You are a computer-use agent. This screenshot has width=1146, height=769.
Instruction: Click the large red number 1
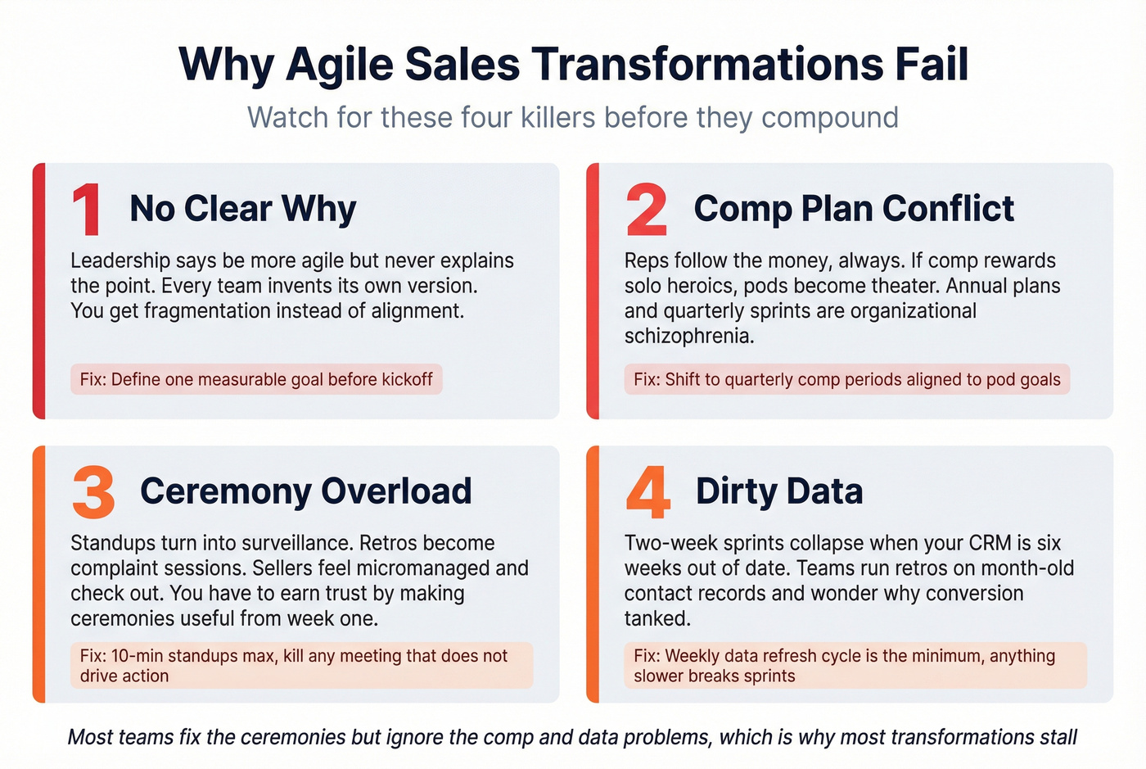87,210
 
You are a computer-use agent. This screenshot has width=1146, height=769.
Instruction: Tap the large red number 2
646,210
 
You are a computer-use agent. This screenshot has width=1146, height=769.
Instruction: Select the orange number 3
93,493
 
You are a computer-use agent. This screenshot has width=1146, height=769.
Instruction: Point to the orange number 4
648,493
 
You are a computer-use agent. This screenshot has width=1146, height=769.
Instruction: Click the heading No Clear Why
243,209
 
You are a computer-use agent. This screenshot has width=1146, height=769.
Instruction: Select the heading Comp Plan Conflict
854,209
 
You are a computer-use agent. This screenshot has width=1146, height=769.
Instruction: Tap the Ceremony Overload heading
306,491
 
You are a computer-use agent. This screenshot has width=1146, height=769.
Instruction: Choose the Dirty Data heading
779,491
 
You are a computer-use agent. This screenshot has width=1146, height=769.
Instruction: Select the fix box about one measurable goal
256,380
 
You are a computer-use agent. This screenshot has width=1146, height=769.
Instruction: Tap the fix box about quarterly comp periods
846,380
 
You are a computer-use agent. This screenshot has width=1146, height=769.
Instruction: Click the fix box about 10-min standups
301,666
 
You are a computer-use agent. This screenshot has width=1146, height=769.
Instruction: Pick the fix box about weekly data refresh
855,666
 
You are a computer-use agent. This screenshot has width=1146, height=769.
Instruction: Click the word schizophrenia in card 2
688,337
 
